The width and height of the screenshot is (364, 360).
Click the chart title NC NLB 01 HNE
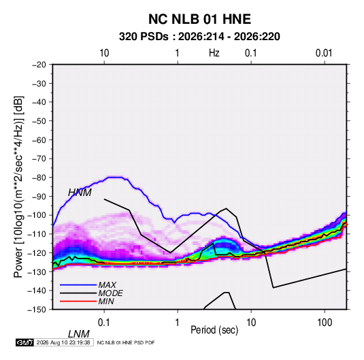(x=199, y=19)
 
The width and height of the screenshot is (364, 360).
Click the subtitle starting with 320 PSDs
(x=199, y=37)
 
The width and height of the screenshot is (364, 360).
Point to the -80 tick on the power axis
(x=39, y=178)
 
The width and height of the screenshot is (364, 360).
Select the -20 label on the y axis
(x=39, y=65)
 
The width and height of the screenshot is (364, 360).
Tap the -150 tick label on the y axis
(x=37, y=310)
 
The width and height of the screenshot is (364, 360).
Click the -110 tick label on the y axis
(x=37, y=234)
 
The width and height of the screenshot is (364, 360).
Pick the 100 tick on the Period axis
(x=325, y=323)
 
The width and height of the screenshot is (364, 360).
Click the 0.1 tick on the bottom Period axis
(x=104, y=323)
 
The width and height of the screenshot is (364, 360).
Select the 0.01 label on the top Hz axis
(x=324, y=53)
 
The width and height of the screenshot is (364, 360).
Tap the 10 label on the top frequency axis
(x=104, y=53)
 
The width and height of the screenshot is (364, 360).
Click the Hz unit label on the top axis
(x=214, y=53)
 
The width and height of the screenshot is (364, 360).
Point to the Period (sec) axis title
(x=214, y=330)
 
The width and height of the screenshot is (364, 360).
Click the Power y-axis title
(x=18, y=186)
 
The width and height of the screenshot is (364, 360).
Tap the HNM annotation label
(x=80, y=193)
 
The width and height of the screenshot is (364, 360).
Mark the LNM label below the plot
(x=78, y=334)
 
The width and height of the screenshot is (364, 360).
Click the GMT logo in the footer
(x=25, y=342)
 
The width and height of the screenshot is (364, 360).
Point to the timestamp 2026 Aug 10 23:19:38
(x=63, y=342)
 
